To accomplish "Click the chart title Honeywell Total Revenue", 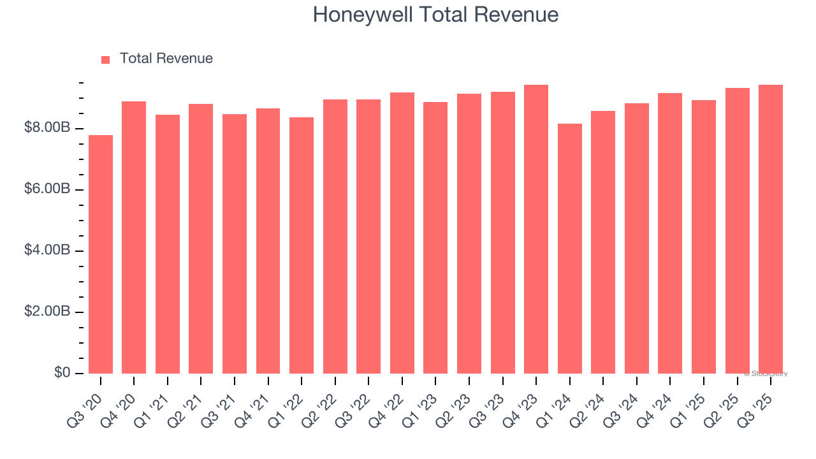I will (435, 15).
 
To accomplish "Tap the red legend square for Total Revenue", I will (106, 59).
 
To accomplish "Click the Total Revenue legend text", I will (166, 59).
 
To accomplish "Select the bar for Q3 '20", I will (101, 255).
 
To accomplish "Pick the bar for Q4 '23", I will (536, 229).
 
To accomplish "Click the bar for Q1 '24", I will (569, 249).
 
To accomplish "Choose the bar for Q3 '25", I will (771, 229).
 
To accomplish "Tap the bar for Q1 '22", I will (302, 245).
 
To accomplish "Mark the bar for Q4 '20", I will (134, 237).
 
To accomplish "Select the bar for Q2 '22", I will (335, 237).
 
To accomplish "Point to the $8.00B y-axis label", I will (47, 128).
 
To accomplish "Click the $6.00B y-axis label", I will (47, 189).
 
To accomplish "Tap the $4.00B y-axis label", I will (47, 251).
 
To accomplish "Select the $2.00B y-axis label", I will (47, 312).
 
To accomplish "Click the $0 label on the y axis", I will (62, 372).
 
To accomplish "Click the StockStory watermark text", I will (766, 374).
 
